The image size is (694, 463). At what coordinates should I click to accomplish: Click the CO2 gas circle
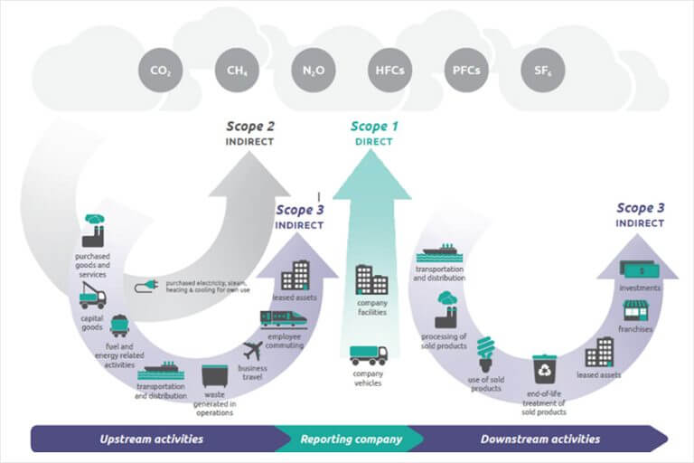coord(160,70)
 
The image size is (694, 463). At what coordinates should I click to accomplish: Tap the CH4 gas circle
coord(237,70)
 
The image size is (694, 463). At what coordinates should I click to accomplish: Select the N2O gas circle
coord(314,70)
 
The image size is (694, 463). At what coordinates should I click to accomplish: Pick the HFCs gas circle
coord(390,70)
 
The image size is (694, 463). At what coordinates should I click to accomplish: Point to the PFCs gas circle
coord(466,70)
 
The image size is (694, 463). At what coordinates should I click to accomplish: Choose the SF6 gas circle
coord(542,70)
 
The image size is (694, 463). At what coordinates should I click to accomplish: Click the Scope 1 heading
coord(374,127)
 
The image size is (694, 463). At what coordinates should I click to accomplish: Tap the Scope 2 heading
coord(250,127)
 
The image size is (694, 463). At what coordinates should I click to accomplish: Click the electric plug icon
coord(146,286)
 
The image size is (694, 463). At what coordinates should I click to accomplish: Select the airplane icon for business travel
coord(253,351)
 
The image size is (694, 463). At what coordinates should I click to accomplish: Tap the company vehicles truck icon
coord(369,355)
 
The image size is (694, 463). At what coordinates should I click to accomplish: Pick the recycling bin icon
coord(544,369)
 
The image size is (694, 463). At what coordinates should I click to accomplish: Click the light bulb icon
coord(485,354)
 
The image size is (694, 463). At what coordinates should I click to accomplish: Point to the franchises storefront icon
coord(635,310)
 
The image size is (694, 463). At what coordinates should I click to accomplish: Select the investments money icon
coord(640,269)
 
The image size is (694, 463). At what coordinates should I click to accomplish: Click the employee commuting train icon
coord(284,320)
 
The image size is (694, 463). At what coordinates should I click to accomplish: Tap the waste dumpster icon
coord(215,376)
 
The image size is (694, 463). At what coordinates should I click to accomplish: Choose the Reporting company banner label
coord(352,439)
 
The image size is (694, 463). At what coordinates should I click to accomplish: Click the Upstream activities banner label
coord(152,439)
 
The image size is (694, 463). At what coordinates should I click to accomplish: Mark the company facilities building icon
coord(371,280)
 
